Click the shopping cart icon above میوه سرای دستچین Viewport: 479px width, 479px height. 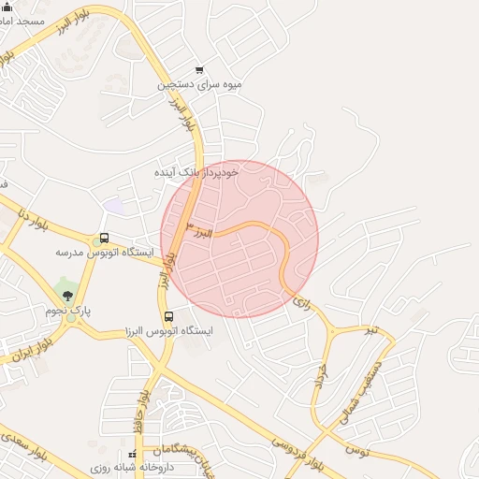click(x=199, y=70)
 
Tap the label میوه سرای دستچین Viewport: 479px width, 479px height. click(x=200, y=84)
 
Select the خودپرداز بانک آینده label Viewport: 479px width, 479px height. click(x=197, y=172)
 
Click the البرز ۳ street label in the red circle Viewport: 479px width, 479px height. click(x=199, y=231)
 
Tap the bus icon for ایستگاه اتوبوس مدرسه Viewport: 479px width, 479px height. click(x=104, y=239)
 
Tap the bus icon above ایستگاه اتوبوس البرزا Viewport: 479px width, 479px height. click(x=168, y=316)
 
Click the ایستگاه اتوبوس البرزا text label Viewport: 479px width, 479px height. click(x=169, y=330)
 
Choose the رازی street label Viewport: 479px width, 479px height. click(x=301, y=302)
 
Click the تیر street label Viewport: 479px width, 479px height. click(x=371, y=330)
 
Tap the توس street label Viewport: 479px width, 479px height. click(x=356, y=451)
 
